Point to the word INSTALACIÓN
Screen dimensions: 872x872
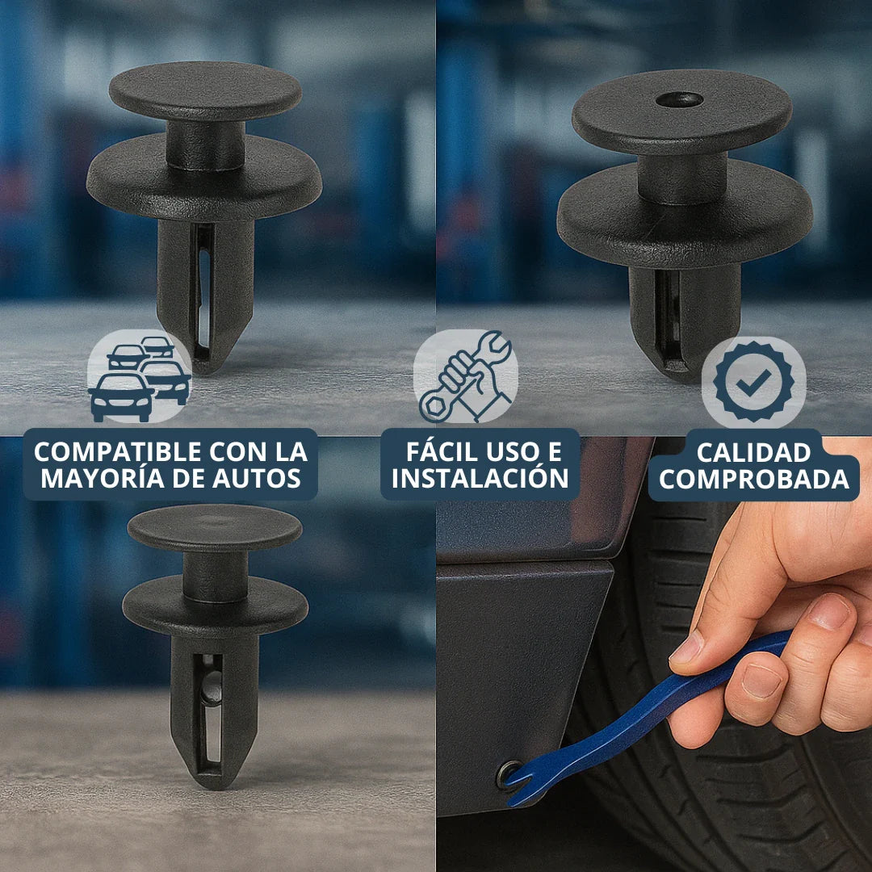point(480,478)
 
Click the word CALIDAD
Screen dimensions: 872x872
point(753,452)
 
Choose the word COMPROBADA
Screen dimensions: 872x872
point(754,479)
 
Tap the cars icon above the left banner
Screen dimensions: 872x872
point(139,379)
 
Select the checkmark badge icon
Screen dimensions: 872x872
point(753,382)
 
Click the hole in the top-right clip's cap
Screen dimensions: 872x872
point(678,99)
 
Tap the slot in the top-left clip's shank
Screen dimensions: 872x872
point(203,291)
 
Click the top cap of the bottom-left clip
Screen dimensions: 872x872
point(215,526)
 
